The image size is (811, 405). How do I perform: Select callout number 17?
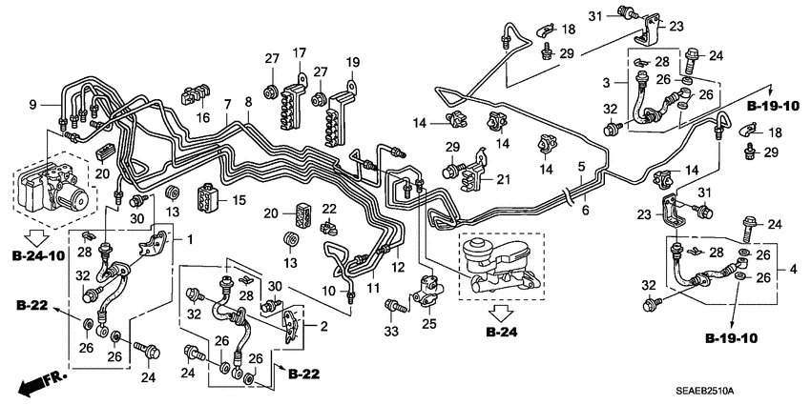(x=299, y=51)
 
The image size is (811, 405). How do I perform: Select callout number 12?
(x=398, y=266)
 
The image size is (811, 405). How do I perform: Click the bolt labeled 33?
(x=392, y=306)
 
